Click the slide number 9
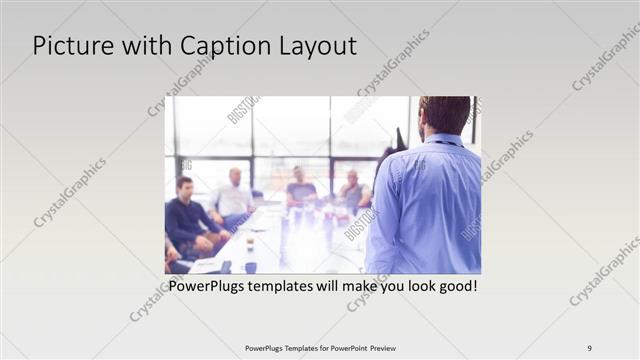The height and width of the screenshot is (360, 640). (590, 348)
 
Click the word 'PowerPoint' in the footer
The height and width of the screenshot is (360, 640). (346, 348)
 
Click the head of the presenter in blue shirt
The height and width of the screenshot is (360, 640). (444, 115)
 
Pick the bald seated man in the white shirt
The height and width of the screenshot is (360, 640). (234, 196)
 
